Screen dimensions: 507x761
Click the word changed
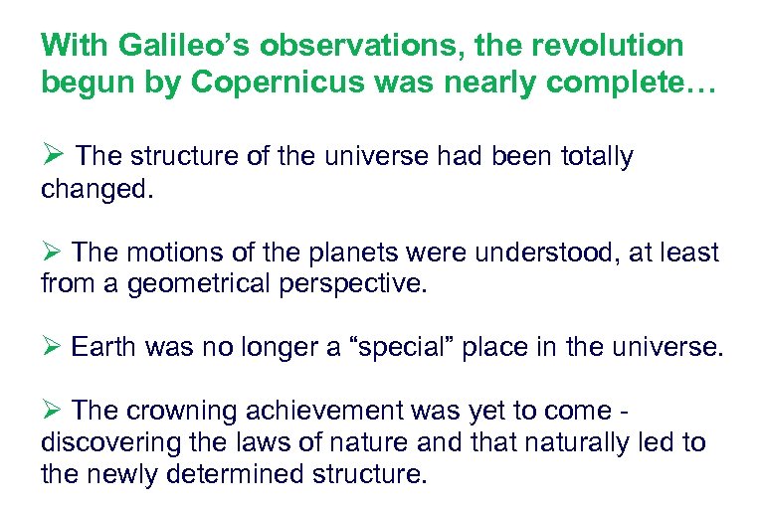click(97, 189)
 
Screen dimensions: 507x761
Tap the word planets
click(342, 253)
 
